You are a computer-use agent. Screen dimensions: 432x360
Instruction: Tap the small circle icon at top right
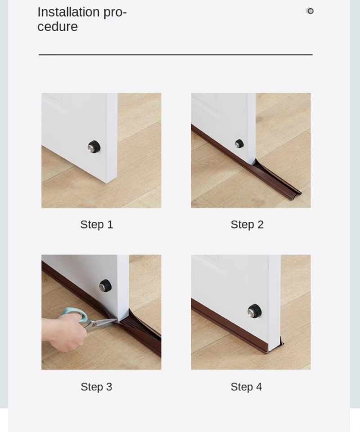click(x=310, y=11)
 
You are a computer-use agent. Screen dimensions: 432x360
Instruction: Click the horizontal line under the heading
click(x=175, y=54)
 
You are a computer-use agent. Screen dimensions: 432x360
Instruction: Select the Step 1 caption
click(x=97, y=225)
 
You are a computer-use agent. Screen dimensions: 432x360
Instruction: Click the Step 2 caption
click(x=247, y=225)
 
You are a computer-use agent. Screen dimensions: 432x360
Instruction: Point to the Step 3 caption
click(x=96, y=387)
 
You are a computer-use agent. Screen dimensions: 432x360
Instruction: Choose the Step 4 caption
click(x=246, y=387)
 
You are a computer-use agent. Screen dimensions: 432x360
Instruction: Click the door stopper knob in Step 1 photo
click(x=94, y=146)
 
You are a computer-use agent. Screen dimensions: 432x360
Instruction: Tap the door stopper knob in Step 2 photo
click(x=239, y=144)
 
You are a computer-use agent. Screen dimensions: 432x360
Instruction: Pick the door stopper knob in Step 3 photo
click(x=105, y=285)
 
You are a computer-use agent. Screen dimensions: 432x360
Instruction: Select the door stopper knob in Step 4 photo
click(x=254, y=311)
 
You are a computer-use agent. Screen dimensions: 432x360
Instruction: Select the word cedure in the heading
click(x=58, y=27)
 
